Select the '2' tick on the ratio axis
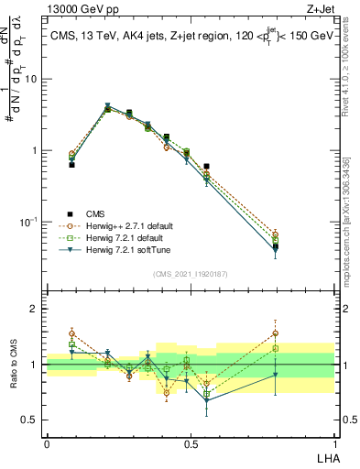(x=37, y=309)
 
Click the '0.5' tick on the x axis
(x=190, y=444)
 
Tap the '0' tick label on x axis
(x=47, y=444)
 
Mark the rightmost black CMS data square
(x=300, y=246)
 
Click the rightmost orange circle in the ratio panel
(x=300, y=333)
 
